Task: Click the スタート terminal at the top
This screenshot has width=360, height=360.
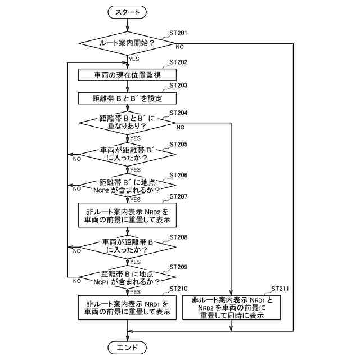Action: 127,12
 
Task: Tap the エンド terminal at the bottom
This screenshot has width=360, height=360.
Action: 127,348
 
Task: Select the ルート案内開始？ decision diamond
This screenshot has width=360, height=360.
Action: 127,43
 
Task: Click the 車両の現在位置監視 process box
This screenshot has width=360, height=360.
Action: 127,75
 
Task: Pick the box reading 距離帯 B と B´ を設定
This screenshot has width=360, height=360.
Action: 127,98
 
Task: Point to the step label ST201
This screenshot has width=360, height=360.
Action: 178,33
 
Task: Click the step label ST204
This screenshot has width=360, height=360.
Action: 178,113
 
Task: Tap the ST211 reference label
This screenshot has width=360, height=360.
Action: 280,289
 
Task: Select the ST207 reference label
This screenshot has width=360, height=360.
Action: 178,196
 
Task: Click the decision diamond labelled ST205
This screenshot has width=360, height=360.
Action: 127,154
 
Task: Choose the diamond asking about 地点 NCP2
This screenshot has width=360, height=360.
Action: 127,185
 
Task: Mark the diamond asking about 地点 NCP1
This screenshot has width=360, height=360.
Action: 127,277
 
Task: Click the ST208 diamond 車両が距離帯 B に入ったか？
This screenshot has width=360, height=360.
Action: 127,247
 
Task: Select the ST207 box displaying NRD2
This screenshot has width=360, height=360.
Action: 127,215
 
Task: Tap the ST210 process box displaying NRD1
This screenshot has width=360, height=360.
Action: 127,308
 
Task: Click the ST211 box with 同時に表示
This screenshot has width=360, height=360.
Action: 231,308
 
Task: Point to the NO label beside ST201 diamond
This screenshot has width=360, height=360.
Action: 180,47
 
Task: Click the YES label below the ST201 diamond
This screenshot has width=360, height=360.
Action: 134,59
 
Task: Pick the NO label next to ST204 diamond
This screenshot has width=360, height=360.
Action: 181,127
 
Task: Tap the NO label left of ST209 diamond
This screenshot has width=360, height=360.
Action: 77,281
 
